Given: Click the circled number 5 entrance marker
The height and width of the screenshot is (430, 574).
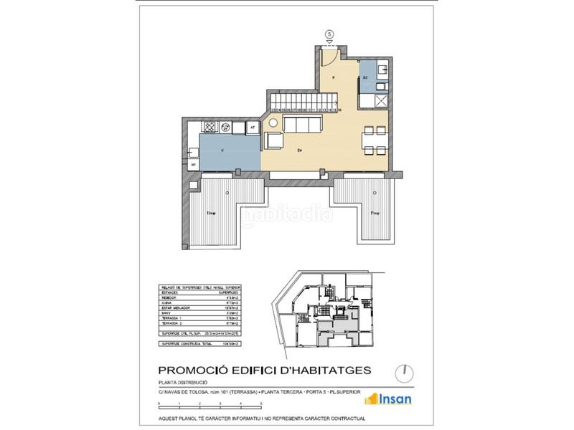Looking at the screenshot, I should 329,33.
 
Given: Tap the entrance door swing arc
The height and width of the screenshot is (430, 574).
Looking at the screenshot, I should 331,56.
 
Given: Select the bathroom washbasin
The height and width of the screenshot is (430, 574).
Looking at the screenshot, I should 381,70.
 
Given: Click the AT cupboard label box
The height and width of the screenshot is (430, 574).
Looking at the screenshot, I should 252,128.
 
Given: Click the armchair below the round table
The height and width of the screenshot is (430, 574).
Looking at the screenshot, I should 273,140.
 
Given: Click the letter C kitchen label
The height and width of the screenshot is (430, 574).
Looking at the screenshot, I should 223,151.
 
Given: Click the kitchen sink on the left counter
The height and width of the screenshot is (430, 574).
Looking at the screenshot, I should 194,152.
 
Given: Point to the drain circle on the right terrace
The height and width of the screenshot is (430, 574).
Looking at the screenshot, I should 372,193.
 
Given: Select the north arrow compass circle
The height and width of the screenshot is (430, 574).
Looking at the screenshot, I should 405,371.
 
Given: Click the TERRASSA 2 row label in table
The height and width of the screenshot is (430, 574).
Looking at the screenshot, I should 171,324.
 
